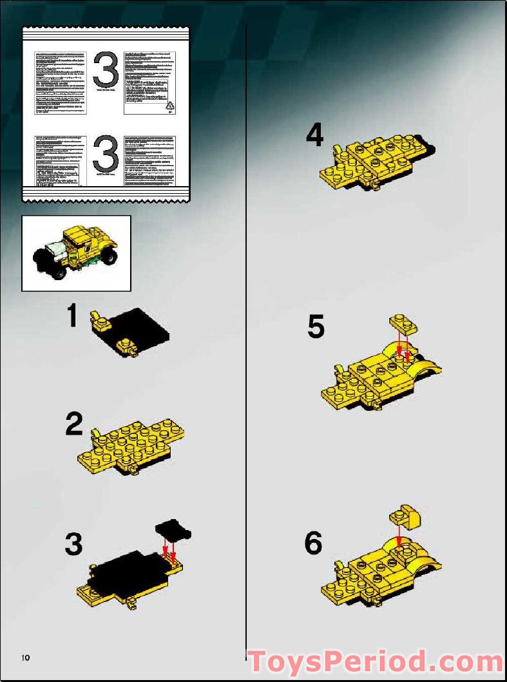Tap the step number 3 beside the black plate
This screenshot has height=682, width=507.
(x=73, y=545)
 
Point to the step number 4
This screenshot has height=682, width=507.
(x=314, y=135)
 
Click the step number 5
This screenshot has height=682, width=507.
(x=316, y=327)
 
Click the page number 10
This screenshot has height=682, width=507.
(x=25, y=658)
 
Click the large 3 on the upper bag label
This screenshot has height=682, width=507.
(x=106, y=71)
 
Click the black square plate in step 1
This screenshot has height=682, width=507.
(x=140, y=328)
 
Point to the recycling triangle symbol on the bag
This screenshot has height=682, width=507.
(x=169, y=105)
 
